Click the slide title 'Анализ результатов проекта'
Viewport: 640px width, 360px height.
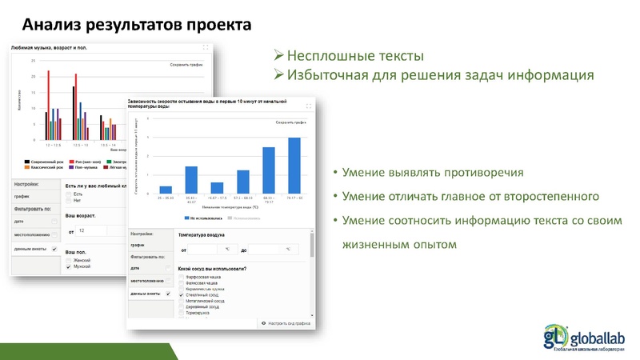136,24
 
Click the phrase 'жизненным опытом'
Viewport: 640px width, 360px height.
399,245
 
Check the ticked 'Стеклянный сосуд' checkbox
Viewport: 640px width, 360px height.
181,295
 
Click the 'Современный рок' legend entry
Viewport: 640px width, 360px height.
44,161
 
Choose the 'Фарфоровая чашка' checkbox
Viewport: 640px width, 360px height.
181,277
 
